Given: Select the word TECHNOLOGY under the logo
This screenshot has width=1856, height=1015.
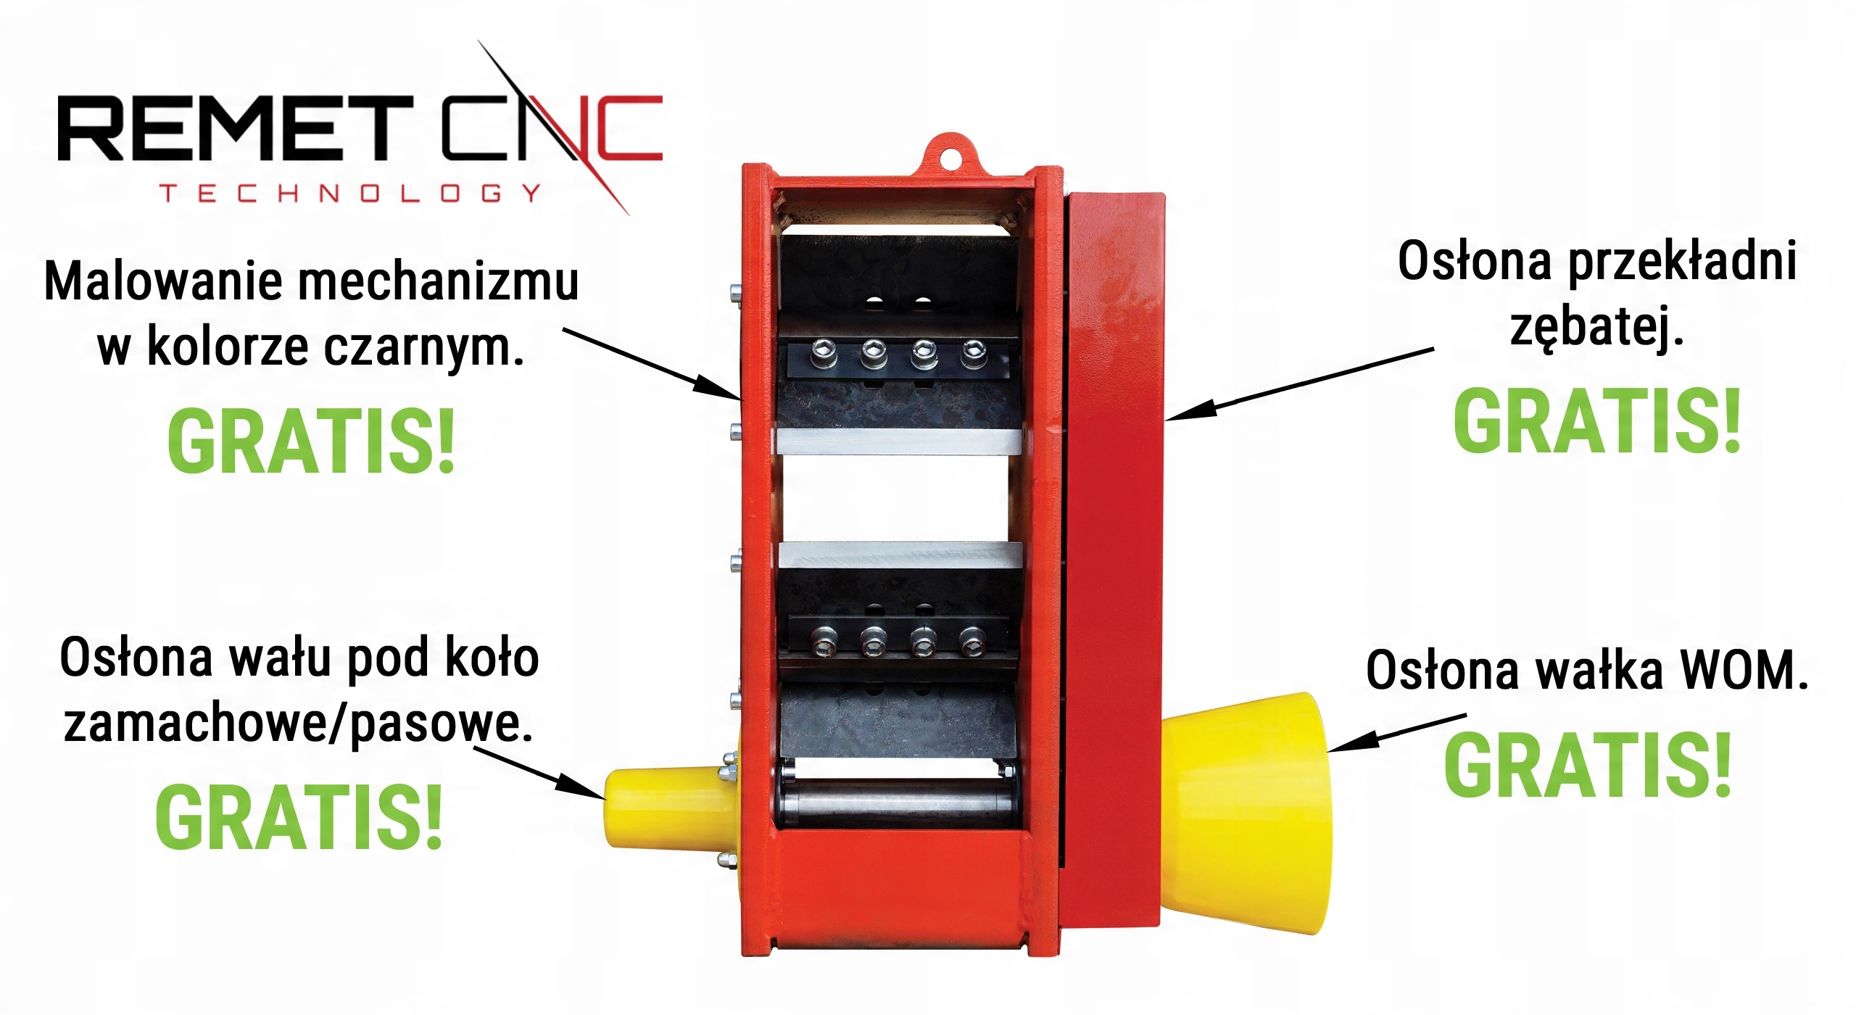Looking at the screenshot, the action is [351, 194].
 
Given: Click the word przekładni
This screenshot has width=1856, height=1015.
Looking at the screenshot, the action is [1682, 262].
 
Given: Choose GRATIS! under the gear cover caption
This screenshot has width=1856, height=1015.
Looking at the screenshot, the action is [1597, 421].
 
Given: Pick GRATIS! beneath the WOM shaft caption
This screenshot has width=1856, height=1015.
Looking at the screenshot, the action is [1588, 766].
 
